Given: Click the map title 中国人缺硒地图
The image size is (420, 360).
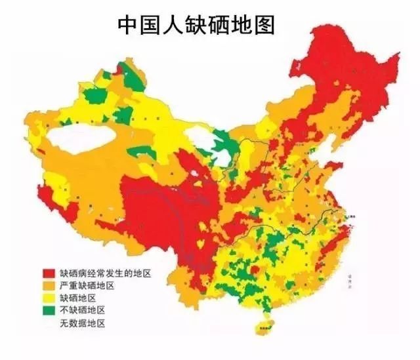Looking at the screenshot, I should (196, 24).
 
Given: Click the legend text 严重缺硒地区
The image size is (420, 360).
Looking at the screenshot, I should (87, 286).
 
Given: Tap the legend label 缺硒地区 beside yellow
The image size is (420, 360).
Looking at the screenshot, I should (77, 298).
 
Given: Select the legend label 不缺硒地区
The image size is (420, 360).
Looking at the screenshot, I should (82, 311).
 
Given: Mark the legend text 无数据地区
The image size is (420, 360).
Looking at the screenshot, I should (82, 323).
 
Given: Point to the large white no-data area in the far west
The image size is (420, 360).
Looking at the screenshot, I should (81, 140).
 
